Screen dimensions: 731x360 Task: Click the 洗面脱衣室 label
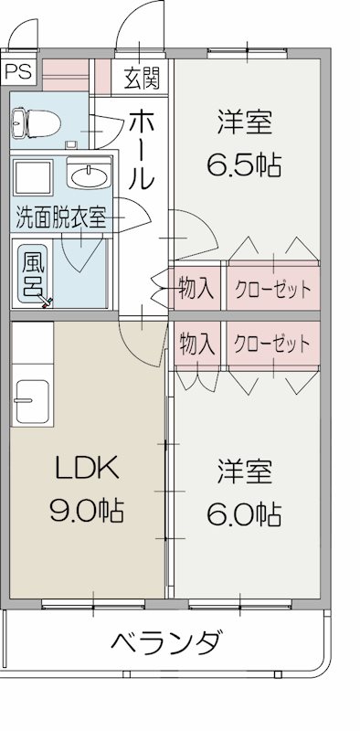(x=59, y=217)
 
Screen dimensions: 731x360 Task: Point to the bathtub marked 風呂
(x=34, y=272)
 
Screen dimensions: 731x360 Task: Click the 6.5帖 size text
(x=243, y=165)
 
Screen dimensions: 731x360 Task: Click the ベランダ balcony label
(x=166, y=642)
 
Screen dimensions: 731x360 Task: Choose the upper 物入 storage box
(x=196, y=291)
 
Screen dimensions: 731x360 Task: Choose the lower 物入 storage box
(x=196, y=344)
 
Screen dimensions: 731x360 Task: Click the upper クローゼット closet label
(x=272, y=291)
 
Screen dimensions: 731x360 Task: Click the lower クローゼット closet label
(x=272, y=344)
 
